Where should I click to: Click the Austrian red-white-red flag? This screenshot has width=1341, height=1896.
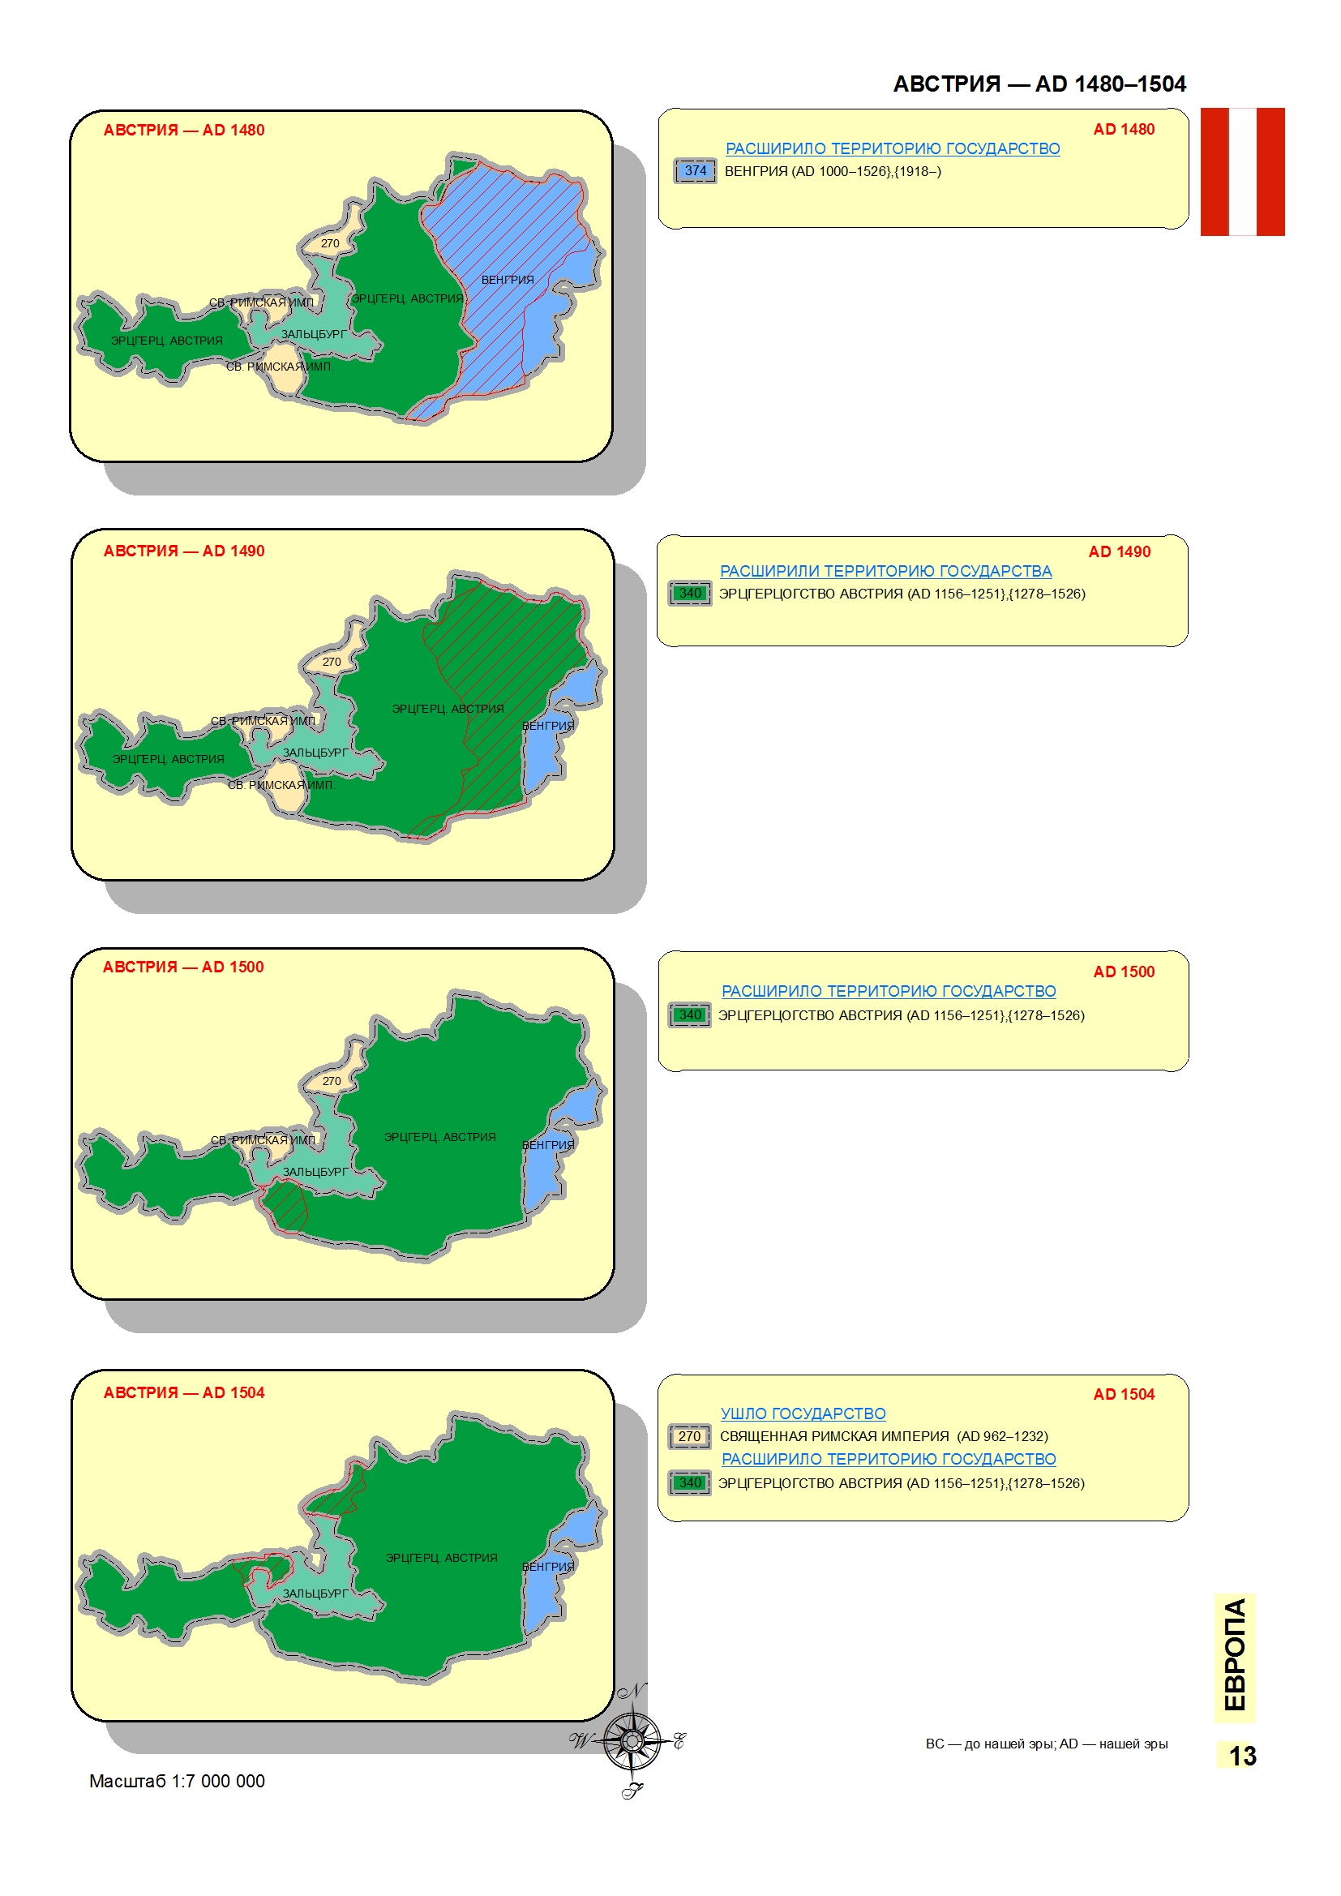[1242, 172]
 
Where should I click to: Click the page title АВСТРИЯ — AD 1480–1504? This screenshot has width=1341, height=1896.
[1039, 84]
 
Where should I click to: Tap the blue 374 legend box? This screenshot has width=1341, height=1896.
[695, 171]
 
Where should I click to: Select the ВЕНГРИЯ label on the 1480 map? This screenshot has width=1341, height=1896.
[507, 280]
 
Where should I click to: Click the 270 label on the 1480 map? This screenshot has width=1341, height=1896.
[329, 243]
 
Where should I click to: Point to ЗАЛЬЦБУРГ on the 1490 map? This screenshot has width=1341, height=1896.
[315, 753]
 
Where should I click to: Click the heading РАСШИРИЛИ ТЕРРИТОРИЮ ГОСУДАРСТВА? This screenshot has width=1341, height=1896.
[885, 571]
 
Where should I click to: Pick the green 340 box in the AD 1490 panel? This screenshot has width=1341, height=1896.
[689, 594]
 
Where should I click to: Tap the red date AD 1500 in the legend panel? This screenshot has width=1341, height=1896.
[1123, 972]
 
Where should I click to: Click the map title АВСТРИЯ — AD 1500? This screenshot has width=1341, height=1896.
[183, 967]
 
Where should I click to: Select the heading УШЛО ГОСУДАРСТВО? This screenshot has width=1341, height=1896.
[803, 1413]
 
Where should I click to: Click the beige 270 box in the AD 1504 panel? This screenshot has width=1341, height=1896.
[689, 1437]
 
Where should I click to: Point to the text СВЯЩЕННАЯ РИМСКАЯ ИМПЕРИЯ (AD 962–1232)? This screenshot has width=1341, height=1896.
[884, 1436]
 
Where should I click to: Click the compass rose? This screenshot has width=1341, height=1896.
[631, 1743]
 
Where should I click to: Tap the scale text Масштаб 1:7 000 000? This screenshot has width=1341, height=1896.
[177, 1781]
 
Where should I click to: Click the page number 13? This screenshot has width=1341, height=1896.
[1242, 1756]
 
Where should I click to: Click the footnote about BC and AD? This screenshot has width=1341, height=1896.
[1046, 1744]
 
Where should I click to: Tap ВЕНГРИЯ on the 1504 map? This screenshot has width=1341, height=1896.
[547, 1567]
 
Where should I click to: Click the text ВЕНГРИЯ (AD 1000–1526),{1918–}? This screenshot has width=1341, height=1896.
[833, 172]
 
